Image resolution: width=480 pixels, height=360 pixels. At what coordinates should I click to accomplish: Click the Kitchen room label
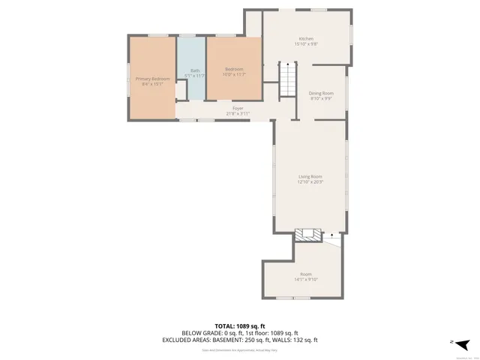click(306, 39)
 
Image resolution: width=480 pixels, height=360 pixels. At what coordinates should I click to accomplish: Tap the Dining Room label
click(321, 93)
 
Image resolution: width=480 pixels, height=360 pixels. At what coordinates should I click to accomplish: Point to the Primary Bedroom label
click(152, 79)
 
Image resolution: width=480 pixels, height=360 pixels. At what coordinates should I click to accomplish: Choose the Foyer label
click(238, 109)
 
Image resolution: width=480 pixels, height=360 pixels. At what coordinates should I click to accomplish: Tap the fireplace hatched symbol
click(307, 235)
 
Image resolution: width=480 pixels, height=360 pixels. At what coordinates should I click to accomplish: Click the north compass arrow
click(463, 344)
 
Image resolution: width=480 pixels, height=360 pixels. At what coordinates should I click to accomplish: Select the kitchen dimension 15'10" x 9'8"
click(306, 44)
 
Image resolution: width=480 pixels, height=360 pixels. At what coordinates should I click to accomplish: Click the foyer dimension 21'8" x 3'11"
click(238, 114)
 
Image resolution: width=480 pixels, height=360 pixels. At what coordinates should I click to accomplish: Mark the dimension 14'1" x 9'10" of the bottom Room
click(306, 280)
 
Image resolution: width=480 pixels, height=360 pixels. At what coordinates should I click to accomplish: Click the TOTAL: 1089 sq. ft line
click(240, 326)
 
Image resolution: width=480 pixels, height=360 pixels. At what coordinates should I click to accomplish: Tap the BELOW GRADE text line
click(240, 333)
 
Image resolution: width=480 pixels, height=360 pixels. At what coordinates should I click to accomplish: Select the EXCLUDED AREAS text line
click(240, 340)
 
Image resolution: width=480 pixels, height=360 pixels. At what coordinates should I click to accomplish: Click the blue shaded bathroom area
click(191, 86)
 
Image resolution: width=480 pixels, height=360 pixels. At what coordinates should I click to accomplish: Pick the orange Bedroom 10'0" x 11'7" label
click(234, 72)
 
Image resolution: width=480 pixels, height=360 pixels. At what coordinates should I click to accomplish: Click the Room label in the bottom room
click(306, 274)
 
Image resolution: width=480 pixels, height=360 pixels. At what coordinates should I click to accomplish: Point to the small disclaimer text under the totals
click(240, 349)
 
